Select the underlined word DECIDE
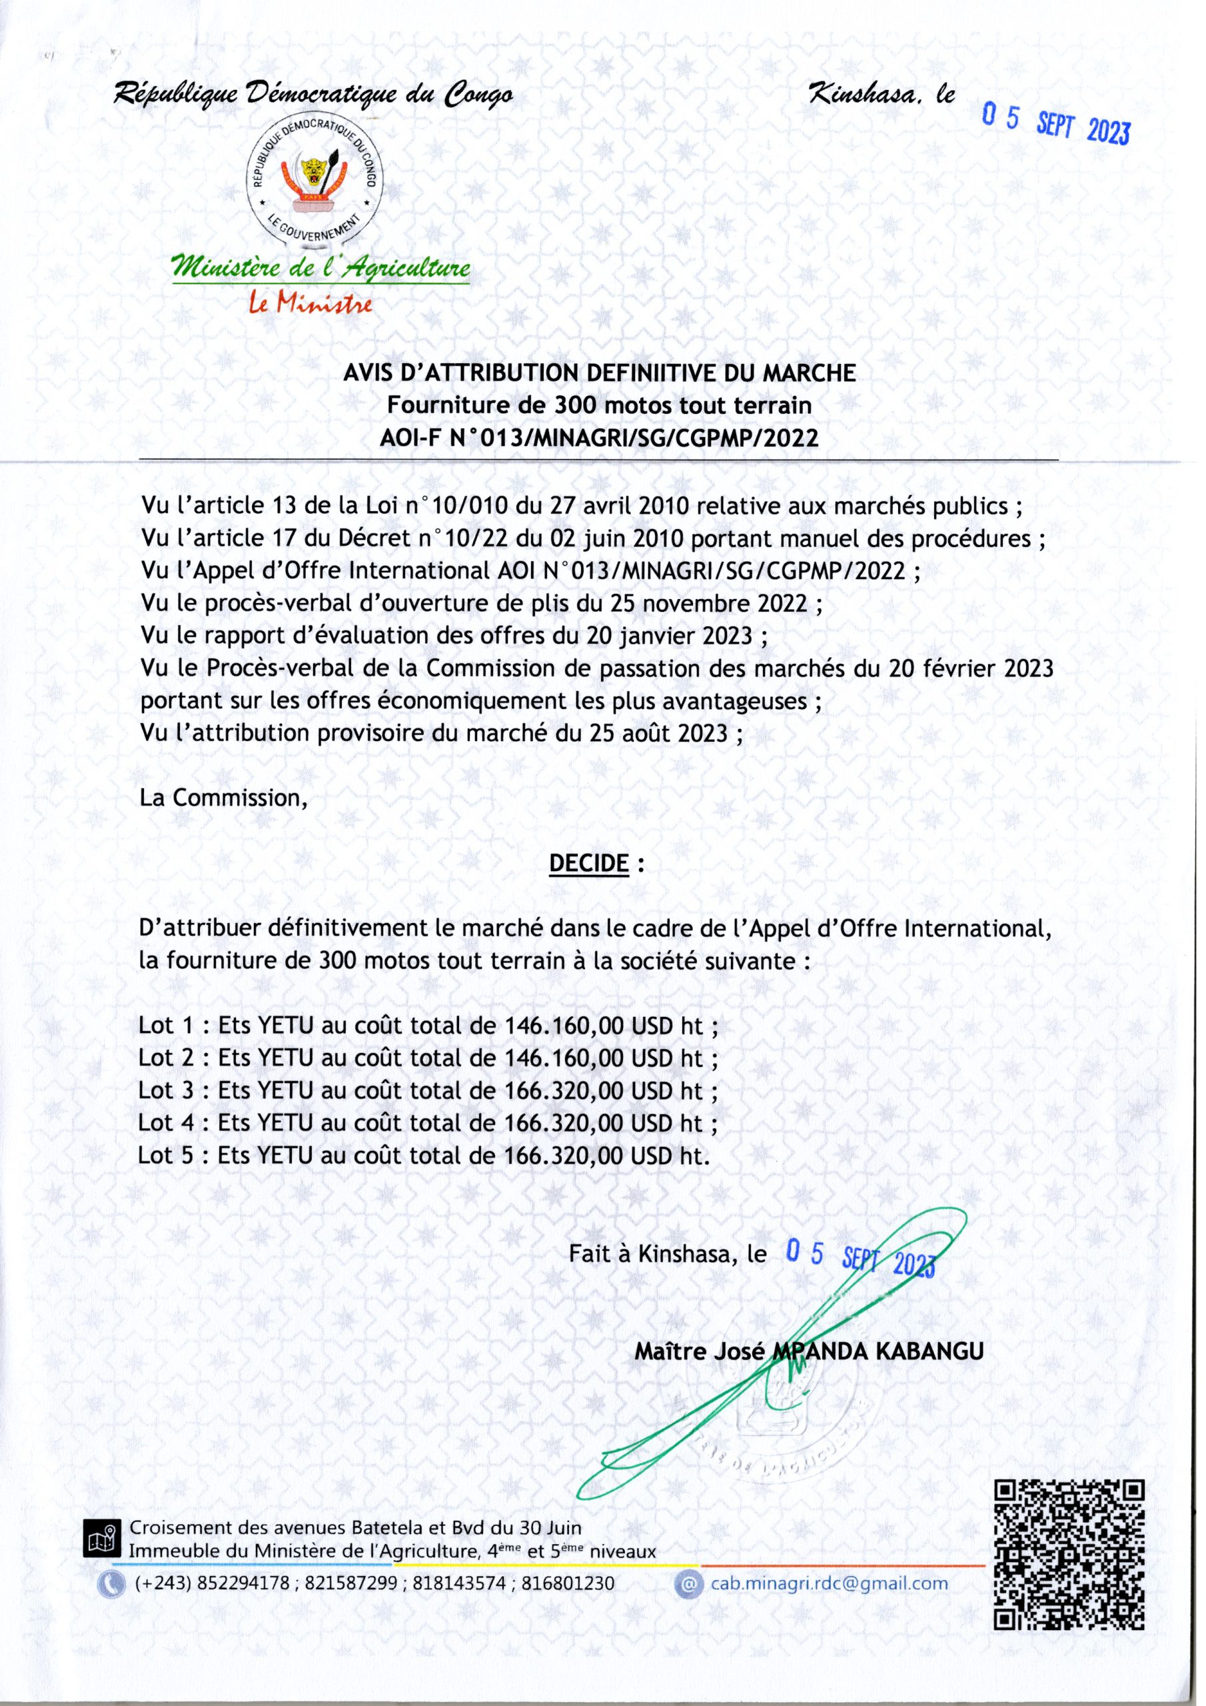pyautogui.click(x=588, y=864)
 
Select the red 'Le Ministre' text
pyautogui.click(x=311, y=304)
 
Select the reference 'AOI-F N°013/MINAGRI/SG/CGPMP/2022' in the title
pyautogui.click(x=599, y=438)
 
